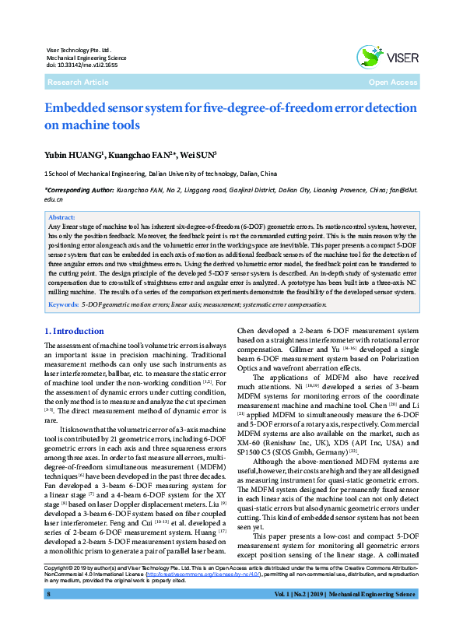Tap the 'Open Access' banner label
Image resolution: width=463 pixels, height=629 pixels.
(x=393, y=82)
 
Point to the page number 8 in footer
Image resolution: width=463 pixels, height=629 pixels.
(x=48, y=617)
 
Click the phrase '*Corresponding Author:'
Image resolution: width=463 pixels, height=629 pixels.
(x=68, y=189)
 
